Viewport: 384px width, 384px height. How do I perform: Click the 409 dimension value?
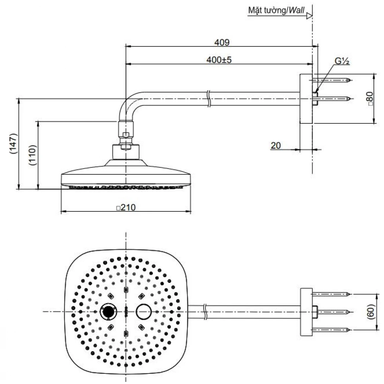[222, 43]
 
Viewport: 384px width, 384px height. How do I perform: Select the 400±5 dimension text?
[219, 60]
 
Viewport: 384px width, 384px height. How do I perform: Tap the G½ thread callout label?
[342, 61]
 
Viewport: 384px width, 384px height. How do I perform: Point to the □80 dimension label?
[370, 99]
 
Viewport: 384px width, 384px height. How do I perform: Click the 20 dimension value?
[276, 145]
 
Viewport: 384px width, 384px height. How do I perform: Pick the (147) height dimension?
[13, 144]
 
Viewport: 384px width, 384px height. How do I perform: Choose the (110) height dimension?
[32, 155]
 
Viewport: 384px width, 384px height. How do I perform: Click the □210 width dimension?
[126, 208]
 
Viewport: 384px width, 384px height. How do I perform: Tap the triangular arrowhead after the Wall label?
[309, 16]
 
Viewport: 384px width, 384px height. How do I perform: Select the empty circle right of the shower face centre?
[143, 311]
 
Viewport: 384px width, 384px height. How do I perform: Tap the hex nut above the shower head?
[126, 135]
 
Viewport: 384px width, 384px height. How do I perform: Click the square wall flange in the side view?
[306, 99]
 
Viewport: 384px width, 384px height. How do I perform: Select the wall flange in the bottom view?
[306, 311]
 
